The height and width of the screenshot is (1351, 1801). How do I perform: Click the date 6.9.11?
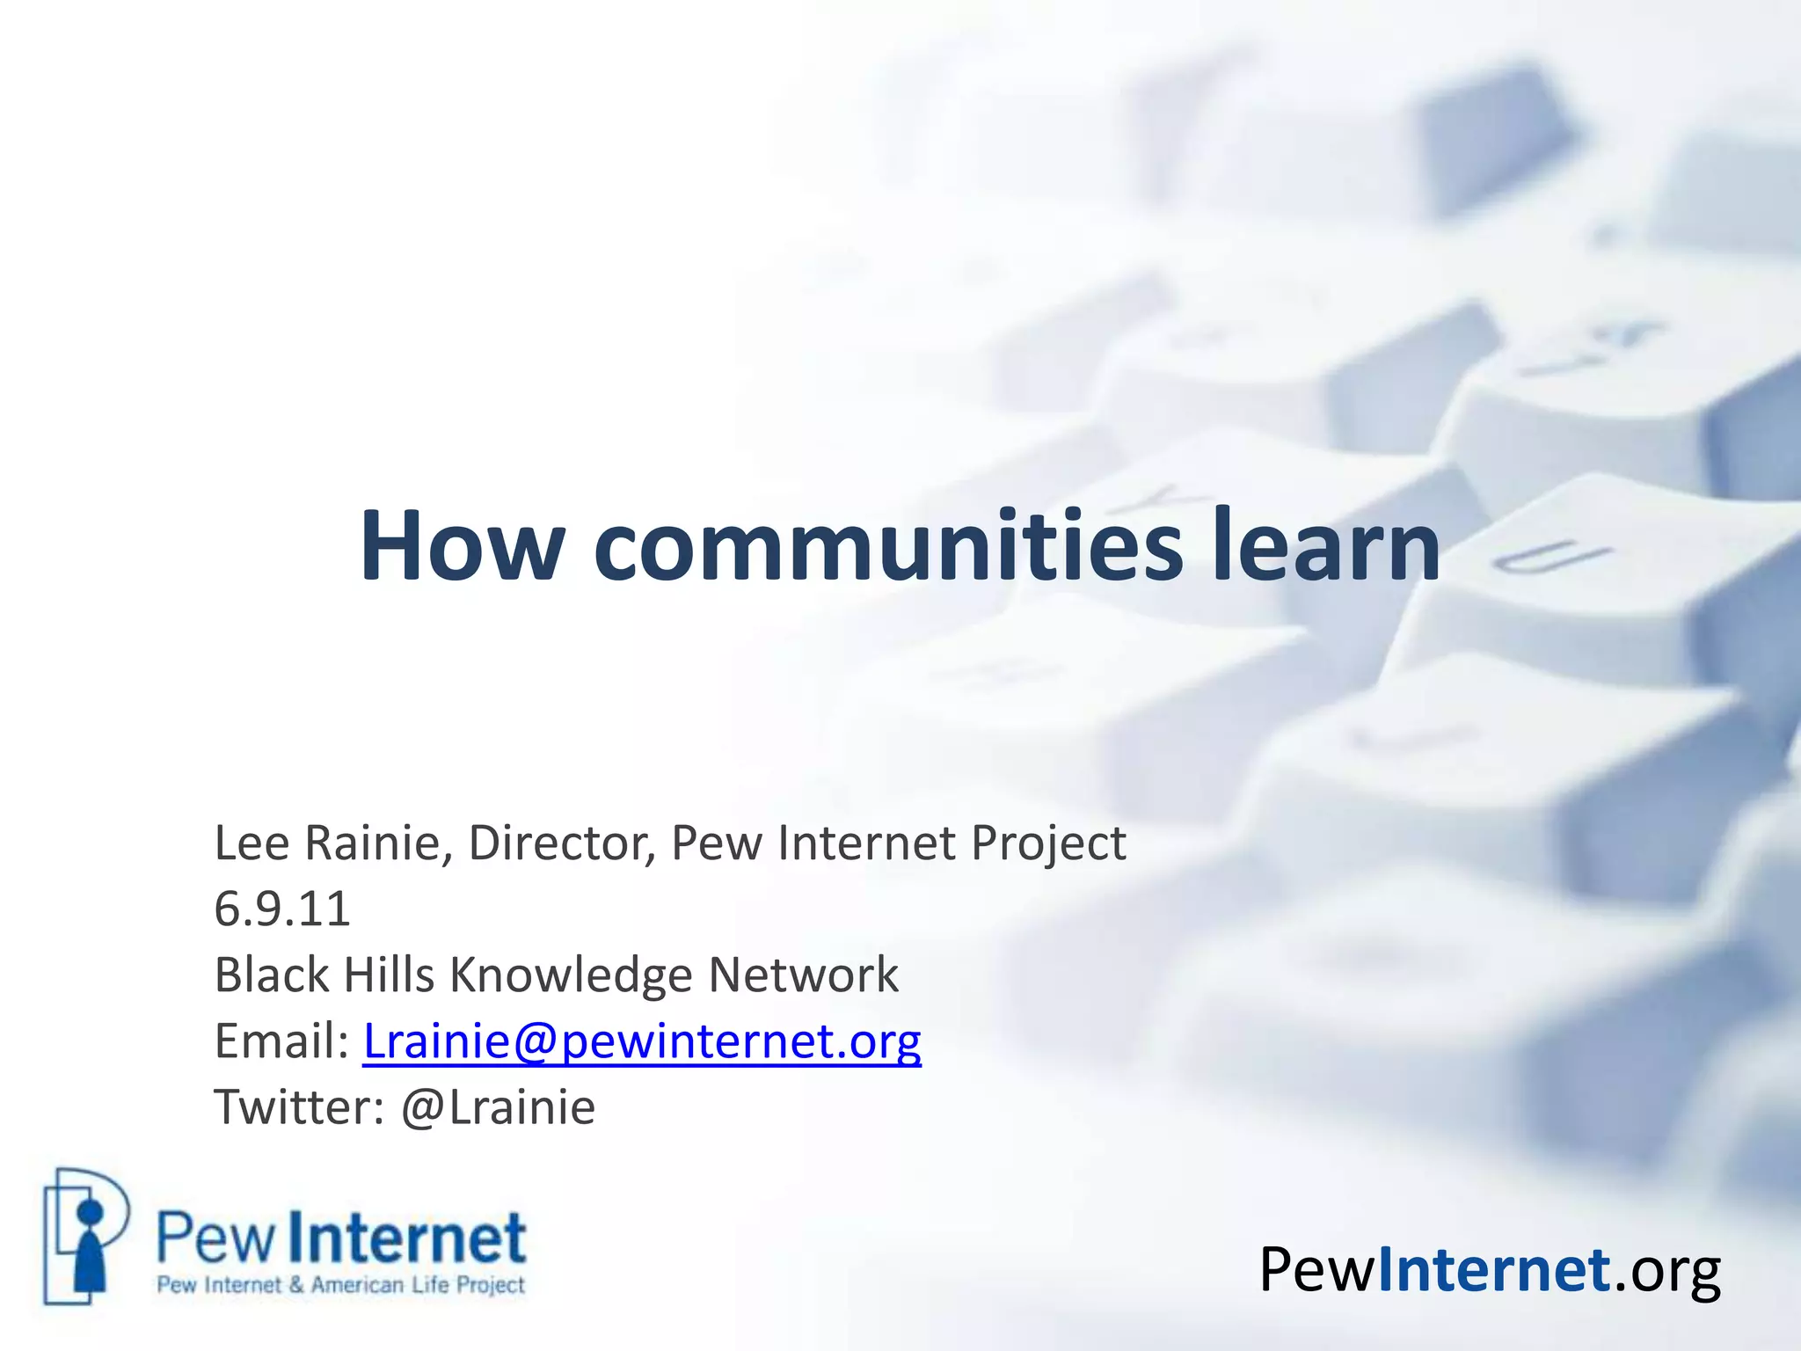click(282, 909)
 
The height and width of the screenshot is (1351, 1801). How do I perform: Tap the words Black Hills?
click(324, 975)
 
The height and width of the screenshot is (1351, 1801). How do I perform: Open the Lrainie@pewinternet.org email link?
click(642, 1042)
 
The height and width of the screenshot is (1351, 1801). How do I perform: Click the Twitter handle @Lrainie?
click(498, 1107)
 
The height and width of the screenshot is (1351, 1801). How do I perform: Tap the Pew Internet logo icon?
click(85, 1236)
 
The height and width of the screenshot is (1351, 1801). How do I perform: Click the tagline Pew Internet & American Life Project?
click(340, 1285)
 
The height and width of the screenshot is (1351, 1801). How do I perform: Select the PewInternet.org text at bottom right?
click(1490, 1271)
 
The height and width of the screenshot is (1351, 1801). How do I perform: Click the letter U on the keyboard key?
click(1552, 559)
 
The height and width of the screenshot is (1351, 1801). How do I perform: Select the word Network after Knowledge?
click(804, 975)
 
